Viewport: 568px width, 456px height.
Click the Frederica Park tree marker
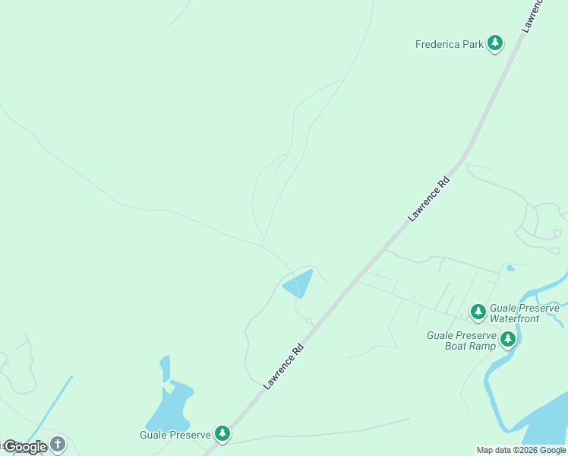pyautogui.click(x=495, y=43)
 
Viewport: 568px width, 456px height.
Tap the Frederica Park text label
pyautogui.click(x=450, y=44)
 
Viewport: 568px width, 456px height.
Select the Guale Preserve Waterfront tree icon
pyautogui.click(x=478, y=312)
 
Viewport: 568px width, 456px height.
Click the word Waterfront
pyautogui.click(x=514, y=319)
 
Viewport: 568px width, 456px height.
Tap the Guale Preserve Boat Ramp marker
pyautogui.click(x=508, y=339)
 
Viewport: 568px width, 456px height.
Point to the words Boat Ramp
pyautogui.click(x=470, y=346)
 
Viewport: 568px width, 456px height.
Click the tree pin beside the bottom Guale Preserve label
pyautogui.click(x=222, y=434)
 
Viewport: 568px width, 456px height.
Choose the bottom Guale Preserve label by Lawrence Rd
pyautogui.click(x=175, y=435)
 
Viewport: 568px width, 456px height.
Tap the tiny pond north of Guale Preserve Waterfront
pyautogui.click(x=510, y=268)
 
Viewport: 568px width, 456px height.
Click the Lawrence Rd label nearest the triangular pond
pyautogui.click(x=284, y=367)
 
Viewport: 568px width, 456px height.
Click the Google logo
pyautogui.click(x=24, y=447)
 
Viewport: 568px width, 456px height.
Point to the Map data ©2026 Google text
pyautogui.click(x=521, y=450)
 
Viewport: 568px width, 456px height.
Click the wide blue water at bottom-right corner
pyautogui.click(x=543, y=429)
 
